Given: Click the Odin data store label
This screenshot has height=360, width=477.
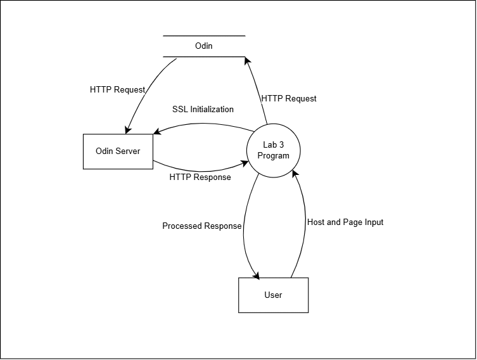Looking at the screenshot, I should click(x=204, y=46).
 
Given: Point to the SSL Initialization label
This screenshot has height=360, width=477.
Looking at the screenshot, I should click(x=203, y=109).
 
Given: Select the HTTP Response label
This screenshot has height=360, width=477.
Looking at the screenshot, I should click(x=200, y=177).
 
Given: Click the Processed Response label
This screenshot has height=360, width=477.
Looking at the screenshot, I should click(x=201, y=226).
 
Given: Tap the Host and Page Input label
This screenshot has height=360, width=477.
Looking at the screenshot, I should click(x=345, y=222).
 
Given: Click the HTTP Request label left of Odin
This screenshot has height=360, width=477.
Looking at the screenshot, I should click(x=118, y=89).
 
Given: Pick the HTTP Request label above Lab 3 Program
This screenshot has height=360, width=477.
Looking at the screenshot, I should click(x=289, y=98).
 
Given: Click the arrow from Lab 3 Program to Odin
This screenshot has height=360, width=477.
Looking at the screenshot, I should click(x=256, y=89).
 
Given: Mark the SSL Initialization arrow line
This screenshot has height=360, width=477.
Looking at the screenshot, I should click(x=203, y=122).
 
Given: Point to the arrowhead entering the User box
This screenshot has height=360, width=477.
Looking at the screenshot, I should click(x=257, y=274).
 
